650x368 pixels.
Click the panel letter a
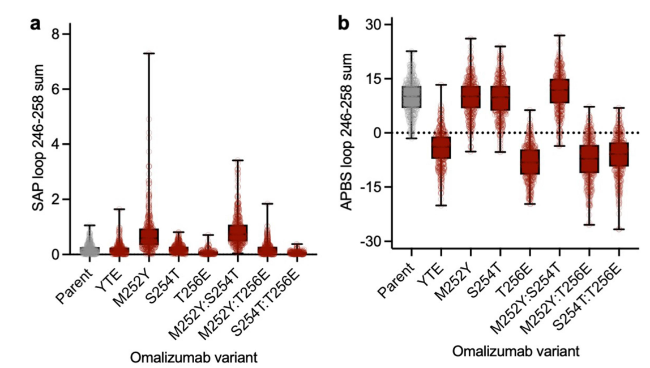(x=36, y=25)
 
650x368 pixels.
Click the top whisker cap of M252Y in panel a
(x=149, y=53)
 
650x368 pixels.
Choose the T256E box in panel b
(x=529, y=162)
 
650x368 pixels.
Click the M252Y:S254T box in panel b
(x=559, y=91)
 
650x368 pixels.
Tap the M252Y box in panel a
(x=149, y=237)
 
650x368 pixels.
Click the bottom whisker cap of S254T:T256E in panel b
(x=618, y=229)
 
